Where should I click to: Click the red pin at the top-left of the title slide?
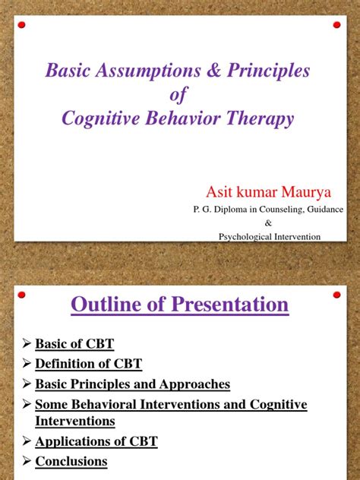click(x=21, y=25)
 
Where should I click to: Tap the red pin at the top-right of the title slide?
click(x=336, y=25)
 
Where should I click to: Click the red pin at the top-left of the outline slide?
click(x=21, y=295)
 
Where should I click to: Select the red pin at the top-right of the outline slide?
click(x=336, y=295)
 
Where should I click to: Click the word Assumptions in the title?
click(x=148, y=71)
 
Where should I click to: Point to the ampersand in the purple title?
click(x=214, y=70)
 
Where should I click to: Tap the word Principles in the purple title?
click(x=268, y=71)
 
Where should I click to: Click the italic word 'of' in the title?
click(x=178, y=94)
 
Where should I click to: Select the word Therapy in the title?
click(x=260, y=118)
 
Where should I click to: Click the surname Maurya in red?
click(x=306, y=192)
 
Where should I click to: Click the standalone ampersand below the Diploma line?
click(x=268, y=223)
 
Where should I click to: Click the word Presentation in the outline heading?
click(x=229, y=305)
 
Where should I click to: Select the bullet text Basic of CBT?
click(x=74, y=344)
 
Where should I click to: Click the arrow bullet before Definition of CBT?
click(x=27, y=363)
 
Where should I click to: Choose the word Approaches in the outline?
click(x=194, y=384)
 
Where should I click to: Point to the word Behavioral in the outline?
click(x=104, y=404)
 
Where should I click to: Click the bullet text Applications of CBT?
click(x=96, y=442)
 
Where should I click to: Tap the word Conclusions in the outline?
click(x=71, y=461)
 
